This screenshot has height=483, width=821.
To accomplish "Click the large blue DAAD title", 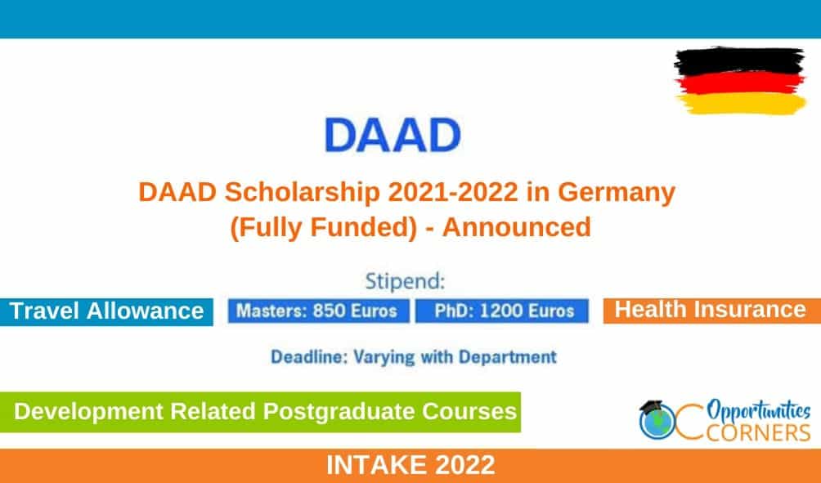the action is pyautogui.click(x=393, y=135).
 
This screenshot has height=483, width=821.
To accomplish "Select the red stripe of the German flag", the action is pyautogui.click(x=740, y=83).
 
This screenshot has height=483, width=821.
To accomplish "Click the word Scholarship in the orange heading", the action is pyautogui.click(x=302, y=192).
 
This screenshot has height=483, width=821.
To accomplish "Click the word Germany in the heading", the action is pyautogui.click(x=617, y=193).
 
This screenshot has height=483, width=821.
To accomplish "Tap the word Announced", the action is pyautogui.click(x=517, y=227).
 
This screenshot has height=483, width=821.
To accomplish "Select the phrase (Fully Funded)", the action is pyautogui.click(x=323, y=228).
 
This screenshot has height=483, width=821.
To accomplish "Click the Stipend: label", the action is pyautogui.click(x=405, y=281).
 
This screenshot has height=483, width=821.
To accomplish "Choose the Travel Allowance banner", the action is pyautogui.click(x=106, y=312).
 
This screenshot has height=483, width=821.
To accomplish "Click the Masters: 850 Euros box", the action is pyautogui.click(x=318, y=311).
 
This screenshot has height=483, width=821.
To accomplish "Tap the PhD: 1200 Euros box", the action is pyautogui.click(x=502, y=311).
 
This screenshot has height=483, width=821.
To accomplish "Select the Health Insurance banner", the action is pyautogui.click(x=712, y=311).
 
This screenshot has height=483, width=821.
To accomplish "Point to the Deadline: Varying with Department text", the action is pyautogui.click(x=413, y=357).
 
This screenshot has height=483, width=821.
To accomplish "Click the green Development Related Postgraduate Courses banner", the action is pyautogui.click(x=260, y=412).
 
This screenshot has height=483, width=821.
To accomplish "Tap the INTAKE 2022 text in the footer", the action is pyautogui.click(x=410, y=465).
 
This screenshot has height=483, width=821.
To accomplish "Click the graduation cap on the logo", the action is pyautogui.click(x=651, y=408).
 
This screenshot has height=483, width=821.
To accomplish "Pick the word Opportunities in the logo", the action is pyautogui.click(x=759, y=410).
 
